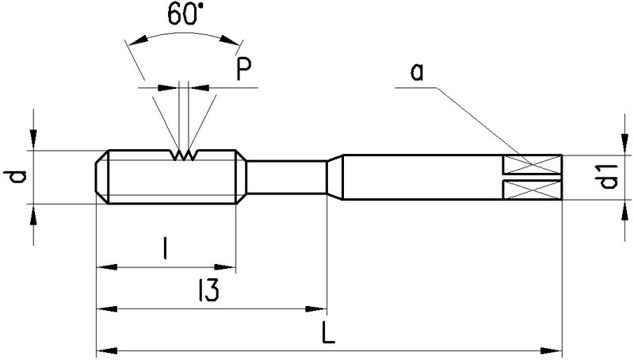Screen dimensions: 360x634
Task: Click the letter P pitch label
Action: click(244, 71)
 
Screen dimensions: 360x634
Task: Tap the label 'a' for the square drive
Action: click(418, 73)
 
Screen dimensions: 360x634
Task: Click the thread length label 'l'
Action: click(164, 251)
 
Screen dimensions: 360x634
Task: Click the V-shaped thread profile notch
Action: click(182, 155)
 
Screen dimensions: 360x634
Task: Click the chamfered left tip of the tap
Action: click(101, 177)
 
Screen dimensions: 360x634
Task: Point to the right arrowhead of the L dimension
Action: click(556, 349)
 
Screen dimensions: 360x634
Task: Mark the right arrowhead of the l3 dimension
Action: click(320, 308)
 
